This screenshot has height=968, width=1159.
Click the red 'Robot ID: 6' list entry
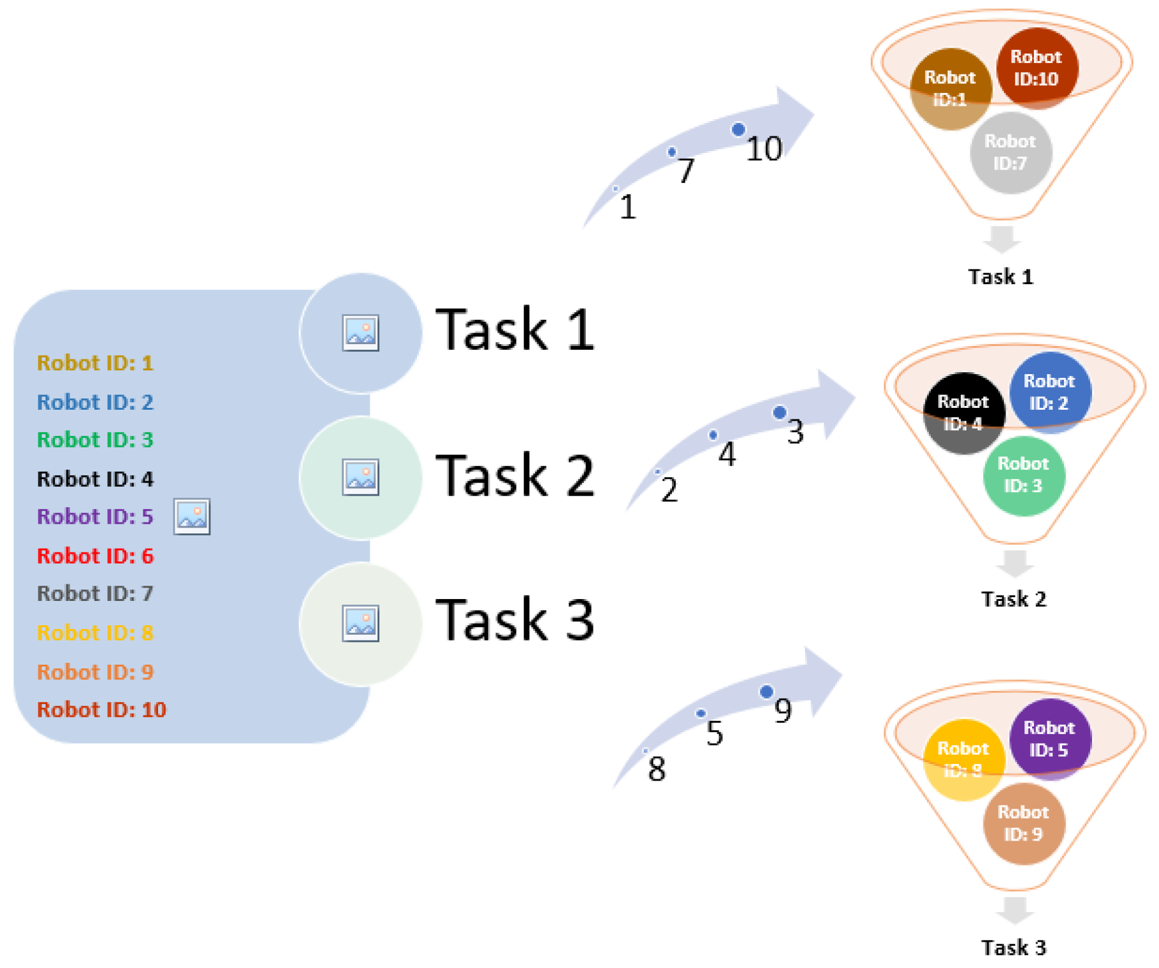[x=95, y=556]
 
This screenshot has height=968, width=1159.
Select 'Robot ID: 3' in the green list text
[x=95, y=440]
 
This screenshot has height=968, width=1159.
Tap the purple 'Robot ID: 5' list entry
[x=95, y=517]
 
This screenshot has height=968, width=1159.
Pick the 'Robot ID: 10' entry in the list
[x=101, y=710]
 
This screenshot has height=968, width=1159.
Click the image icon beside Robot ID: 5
[x=192, y=517]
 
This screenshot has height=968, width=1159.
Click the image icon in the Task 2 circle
[x=360, y=477]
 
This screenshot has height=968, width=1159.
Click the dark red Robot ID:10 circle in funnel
[x=1037, y=68]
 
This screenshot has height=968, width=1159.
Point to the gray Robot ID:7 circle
[x=1010, y=153]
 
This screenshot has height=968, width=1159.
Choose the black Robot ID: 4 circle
[x=963, y=413]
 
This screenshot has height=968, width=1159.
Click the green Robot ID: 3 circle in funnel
[x=1023, y=475]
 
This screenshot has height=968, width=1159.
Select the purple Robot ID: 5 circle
[x=1049, y=739]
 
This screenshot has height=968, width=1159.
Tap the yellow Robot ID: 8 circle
[x=963, y=760]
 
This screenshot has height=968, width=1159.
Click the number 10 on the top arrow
[x=764, y=149]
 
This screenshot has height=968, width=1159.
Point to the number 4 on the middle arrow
[x=727, y=454]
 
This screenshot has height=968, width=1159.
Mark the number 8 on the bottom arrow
[x=657, y=769]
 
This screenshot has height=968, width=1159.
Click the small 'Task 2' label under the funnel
[x=1014, y=600]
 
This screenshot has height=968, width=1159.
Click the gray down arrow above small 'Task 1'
[x=1002, y=239]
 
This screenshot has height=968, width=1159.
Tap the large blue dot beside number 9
[x=766, y=691]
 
